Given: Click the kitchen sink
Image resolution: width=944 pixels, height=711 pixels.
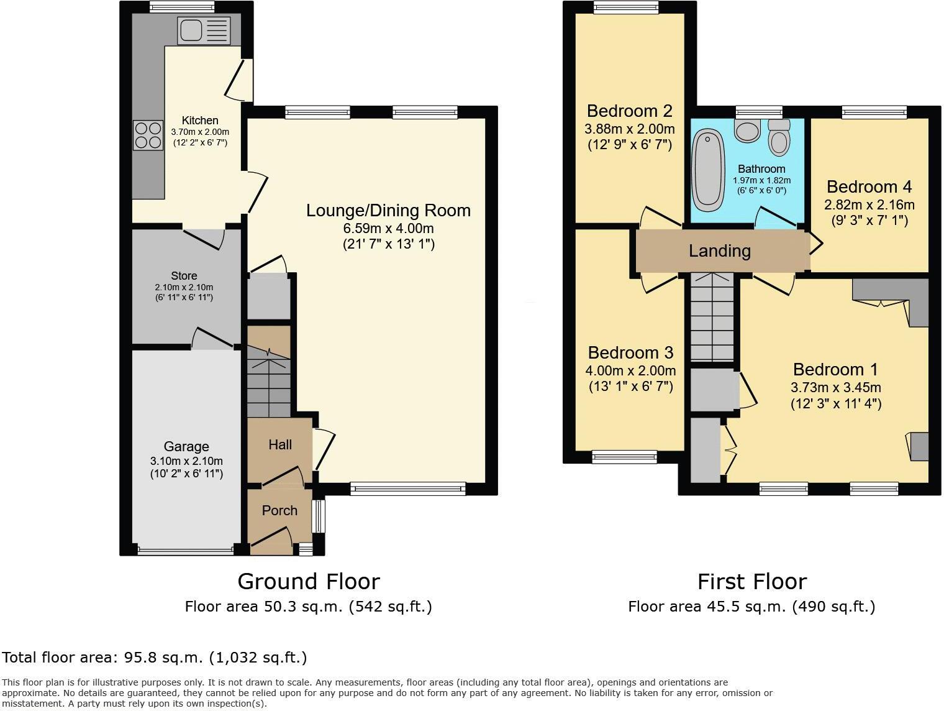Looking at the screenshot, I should tap(204, 30).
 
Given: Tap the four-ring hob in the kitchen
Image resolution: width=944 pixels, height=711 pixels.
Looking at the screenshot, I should tap(147, 135).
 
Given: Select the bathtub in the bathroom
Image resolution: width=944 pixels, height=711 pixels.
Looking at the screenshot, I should tap(708, 168).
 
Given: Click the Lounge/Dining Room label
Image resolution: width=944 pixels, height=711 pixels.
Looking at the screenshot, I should tap(388, 211).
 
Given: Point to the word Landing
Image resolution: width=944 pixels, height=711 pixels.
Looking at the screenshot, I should tap(719, 251).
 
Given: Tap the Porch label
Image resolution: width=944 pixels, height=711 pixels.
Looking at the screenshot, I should tap(279, 511).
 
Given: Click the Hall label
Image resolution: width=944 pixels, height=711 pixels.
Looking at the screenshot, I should tap(280, 445).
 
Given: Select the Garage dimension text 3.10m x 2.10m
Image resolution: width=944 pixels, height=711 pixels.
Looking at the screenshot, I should tap(186, 461).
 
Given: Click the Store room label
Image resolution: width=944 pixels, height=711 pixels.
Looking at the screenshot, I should tap(184, 275).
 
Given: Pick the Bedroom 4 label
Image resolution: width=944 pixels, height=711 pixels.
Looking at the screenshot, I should tap(869, 187).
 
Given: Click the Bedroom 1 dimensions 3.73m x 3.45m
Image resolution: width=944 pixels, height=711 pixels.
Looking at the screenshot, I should tap(835, 388).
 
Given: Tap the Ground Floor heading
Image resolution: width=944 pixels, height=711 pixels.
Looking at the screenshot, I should tap(308, 582).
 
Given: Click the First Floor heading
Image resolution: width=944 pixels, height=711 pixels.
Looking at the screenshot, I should tap(751, 582).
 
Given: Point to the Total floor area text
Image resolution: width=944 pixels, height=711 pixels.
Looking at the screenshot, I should tap(155, 658).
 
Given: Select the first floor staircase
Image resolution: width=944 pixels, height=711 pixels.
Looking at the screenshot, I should tap(712, 317).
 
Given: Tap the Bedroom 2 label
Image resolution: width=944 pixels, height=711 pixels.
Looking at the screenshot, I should tap(629, 111).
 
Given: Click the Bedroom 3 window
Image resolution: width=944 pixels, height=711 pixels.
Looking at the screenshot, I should tap(624, 457).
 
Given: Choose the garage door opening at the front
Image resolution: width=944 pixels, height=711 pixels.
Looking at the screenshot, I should tap(186, 549).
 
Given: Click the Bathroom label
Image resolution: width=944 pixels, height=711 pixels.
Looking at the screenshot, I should tap(761, 169).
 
